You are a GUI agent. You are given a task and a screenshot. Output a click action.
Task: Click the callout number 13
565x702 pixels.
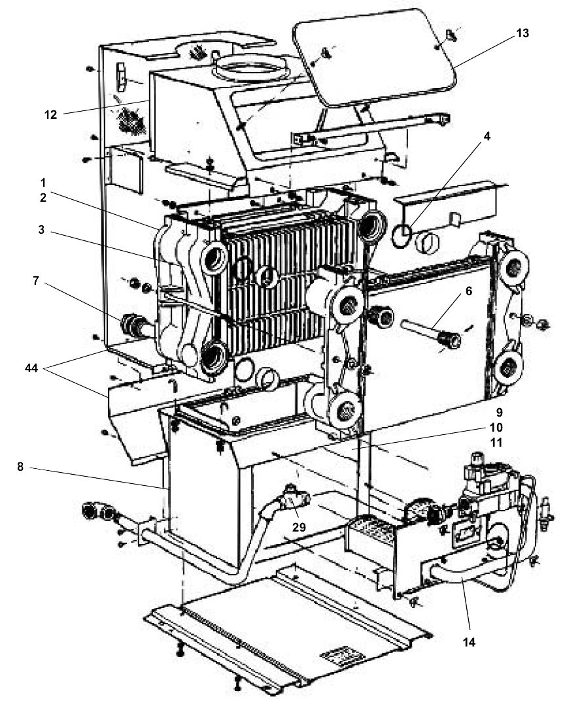[522, 33]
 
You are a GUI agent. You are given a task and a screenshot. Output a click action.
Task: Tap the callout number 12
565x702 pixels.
[50, 115]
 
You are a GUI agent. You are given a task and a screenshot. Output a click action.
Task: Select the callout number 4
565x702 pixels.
[487, 136]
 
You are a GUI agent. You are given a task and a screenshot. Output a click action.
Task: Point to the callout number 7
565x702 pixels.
[36, 281]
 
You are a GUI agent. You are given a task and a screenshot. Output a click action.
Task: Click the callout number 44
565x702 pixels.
[31, 368]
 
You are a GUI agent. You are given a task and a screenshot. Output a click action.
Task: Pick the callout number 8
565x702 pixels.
[20, 466]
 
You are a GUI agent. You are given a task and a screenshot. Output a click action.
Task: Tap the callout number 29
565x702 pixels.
[299, 527]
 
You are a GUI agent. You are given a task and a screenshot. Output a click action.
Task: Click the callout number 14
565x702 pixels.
[469, 641]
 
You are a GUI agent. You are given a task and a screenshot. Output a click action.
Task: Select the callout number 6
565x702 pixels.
[469, 291]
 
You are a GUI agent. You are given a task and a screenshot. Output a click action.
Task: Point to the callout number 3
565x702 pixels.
[42, 230]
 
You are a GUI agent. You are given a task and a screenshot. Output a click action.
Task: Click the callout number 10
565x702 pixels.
[496, 427]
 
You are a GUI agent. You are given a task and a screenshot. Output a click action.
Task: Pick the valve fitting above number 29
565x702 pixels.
[295, 498]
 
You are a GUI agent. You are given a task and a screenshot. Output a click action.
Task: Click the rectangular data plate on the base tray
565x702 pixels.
[337, 656]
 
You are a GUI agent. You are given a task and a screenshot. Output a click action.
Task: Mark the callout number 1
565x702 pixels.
[43, 183]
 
